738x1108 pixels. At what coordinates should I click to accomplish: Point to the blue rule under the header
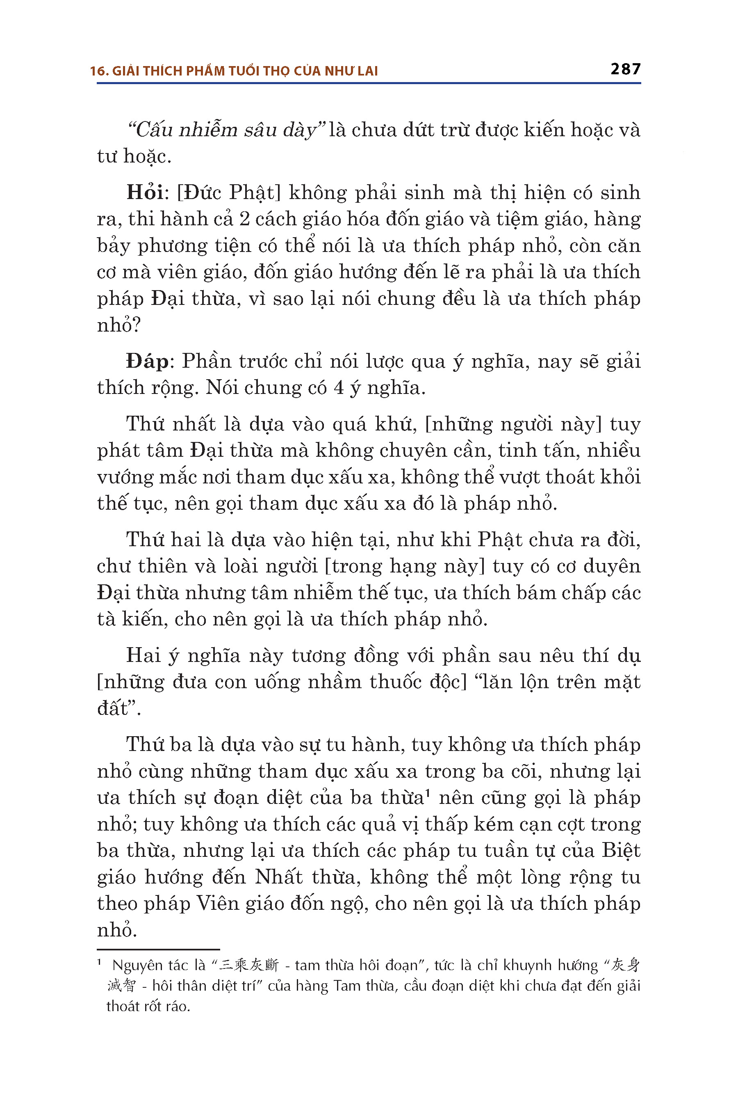[369, 83]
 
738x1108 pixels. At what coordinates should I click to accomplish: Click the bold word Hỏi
[145, 193]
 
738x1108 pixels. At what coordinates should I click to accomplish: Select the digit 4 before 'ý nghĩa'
[338, 388]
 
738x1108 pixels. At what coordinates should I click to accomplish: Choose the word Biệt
[621, 851]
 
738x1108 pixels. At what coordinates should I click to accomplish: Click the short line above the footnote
[158, 949]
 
